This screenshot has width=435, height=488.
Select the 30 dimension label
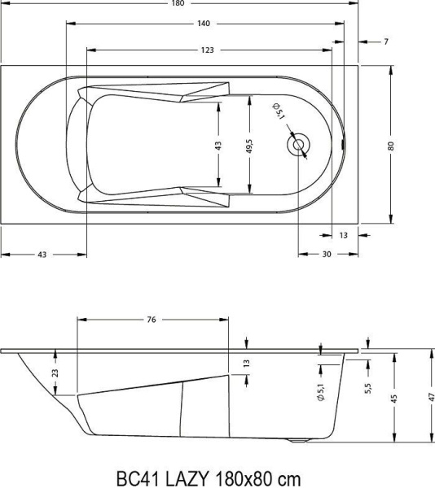pyautogui.click(x=327, y=255)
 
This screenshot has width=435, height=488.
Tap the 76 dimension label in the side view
pyautogui.click(x=152, y=320)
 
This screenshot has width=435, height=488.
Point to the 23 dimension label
pyautogui.click(x=55, y=373)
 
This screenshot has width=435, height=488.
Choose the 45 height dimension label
pyautogui.click(x=394, y=399)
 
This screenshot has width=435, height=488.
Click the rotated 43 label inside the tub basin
pyautogui.click(x=217, y=146)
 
